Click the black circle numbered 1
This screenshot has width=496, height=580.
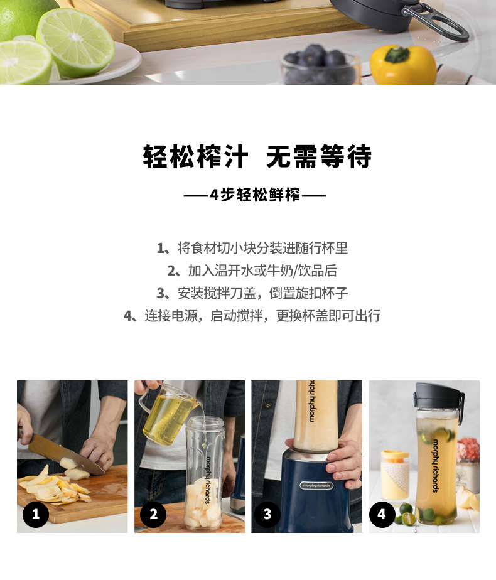[36, 514]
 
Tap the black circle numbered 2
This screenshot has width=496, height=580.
[153, 514]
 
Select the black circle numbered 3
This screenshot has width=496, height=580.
[267, 514]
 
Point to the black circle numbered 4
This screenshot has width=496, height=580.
[382, 514]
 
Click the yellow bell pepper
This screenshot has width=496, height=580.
[403, 65]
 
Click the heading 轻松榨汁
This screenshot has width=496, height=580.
[195, 156]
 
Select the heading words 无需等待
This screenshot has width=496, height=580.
[319, 156]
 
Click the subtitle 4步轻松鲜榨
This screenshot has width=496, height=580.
[255, 195]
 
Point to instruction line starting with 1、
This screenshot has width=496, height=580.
[252, 248]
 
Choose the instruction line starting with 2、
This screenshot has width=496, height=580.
[252, 271]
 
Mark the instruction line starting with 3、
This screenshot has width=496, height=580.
[252, 293]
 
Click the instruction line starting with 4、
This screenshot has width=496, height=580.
[252, 316]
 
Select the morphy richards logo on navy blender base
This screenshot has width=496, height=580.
[316, 485]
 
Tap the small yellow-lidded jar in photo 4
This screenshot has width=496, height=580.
[395, 475]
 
